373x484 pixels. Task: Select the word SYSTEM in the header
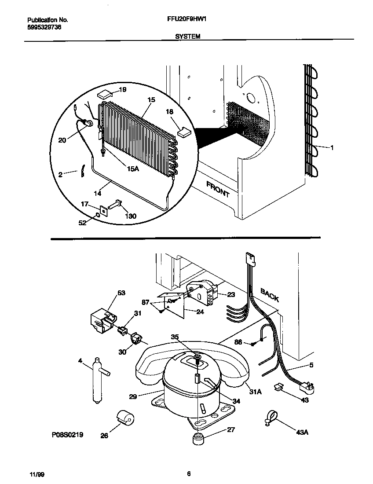[x=188, y=37]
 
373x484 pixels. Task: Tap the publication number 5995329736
[x=44, y=27]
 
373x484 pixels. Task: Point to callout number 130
[x=131, y=216]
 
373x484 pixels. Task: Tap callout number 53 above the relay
[x=121, y=292]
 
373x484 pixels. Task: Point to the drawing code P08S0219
[x=67, y=435]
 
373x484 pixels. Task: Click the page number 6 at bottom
[x=188, y=474]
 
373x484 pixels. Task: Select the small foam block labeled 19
[x=104, y=93]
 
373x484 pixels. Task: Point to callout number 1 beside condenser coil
[x=332, y=148]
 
